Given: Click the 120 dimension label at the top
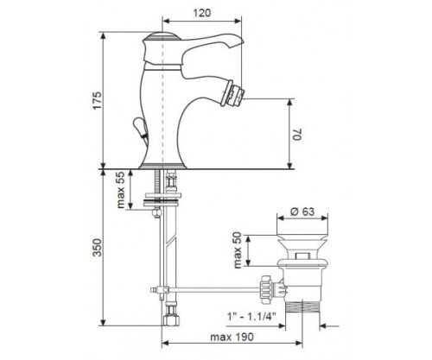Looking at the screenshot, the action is pos(201,13).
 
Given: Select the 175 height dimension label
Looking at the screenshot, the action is pos(98,100).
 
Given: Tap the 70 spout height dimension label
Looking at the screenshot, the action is pos(297,134).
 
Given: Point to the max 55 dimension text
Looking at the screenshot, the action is pos(121,190).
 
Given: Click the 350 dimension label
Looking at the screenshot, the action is pos(98,247).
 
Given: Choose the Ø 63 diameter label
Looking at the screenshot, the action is pos(302,212).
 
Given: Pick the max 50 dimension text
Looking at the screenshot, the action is pos(238,250).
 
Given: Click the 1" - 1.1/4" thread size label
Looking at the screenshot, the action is pos(251,317).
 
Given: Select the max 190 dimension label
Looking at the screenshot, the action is pos(232,337).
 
